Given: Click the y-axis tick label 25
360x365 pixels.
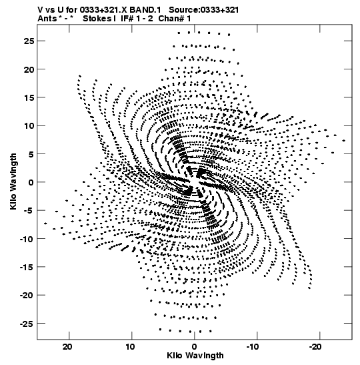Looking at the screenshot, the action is (29, 41).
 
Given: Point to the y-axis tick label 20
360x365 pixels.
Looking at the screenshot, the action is (29, 69).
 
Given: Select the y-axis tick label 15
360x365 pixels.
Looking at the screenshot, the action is (29, 97).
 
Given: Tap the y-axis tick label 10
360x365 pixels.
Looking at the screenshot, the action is (29, 126).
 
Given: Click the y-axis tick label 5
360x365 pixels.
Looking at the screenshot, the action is (31, 154).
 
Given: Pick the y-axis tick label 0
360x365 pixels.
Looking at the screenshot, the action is (31, 182).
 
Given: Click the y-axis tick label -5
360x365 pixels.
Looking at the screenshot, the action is (29, 211).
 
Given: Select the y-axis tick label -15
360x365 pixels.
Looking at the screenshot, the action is (27, 267).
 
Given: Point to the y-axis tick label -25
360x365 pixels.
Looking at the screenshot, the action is (27, 324).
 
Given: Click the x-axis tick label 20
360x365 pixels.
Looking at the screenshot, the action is (67, 347).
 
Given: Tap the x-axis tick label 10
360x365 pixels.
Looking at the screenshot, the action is (130, 347).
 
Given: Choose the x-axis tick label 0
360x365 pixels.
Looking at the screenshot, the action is (195, 347).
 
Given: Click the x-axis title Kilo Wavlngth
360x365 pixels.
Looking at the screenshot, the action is (195, 356).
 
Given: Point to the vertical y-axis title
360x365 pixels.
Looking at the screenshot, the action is (13, 181).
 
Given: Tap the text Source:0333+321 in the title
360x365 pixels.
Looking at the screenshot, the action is (204, 10).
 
